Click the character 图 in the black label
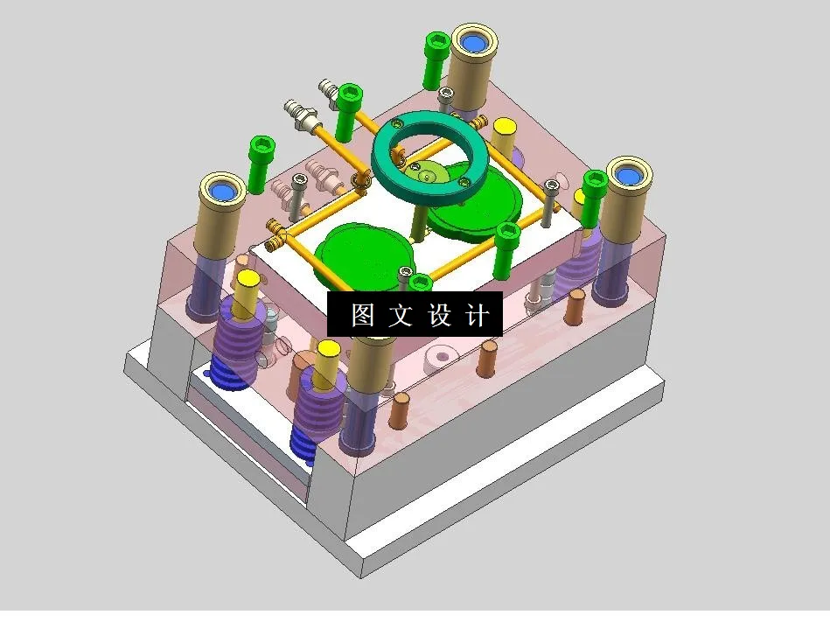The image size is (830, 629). click(x=362, y=315)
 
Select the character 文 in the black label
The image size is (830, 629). click(x=400, y=315)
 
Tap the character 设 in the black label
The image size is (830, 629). click(x=438, y=315)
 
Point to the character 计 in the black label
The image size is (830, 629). click(x=477, y=315)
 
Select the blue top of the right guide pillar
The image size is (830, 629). click(x=626, y=175)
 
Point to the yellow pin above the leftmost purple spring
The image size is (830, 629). click(x=248, y=280)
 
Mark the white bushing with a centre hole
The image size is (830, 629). click(x=440, y=358)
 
